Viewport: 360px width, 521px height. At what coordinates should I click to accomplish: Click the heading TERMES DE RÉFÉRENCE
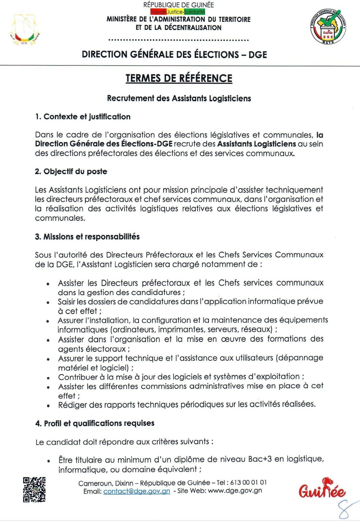point(179,78)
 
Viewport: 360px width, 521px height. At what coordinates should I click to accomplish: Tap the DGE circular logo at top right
point(328,27)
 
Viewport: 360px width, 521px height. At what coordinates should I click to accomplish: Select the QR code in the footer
point(34,489)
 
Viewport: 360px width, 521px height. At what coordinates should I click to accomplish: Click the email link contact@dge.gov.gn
point(137,491)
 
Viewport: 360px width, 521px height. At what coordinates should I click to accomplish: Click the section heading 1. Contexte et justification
point(83,117)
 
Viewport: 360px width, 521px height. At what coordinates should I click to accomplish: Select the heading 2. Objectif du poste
point(71,172)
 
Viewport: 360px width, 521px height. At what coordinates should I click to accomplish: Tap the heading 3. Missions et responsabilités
point(87,237)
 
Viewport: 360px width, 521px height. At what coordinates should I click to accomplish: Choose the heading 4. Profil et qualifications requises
point(95,423)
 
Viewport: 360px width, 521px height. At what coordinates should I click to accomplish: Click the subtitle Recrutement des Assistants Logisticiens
point(179,98)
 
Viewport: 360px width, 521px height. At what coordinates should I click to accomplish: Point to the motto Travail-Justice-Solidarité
point(178,12)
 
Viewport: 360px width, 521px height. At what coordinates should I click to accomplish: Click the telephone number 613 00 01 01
point(248,482)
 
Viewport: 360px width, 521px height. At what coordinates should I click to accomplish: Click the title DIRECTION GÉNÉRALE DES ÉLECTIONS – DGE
point(174,55)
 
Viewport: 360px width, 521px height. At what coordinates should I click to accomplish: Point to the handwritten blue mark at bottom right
point(345,510)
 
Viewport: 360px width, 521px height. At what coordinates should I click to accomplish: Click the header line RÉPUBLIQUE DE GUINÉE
point(179,5)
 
